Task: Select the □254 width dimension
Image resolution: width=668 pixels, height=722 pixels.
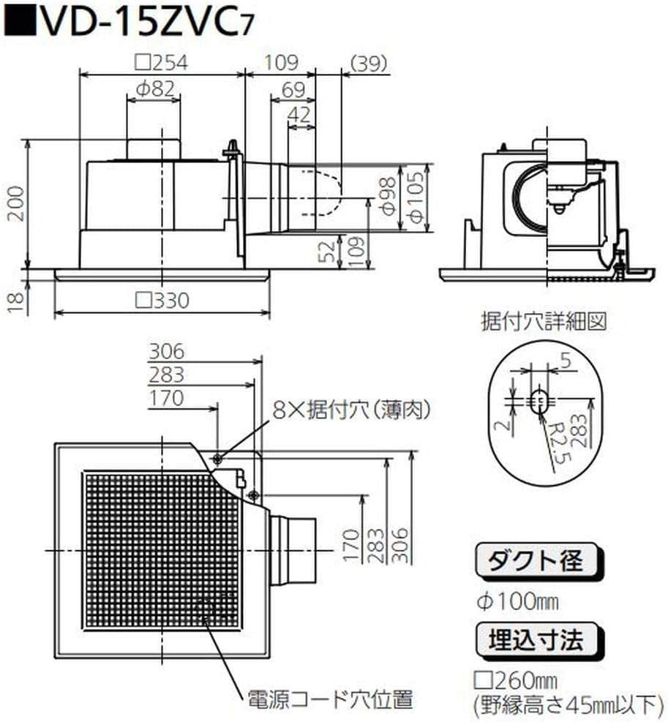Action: coord(162,63)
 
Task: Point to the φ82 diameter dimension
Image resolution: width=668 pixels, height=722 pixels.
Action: coord(154,89)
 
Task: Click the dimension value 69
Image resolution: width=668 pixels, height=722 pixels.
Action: coord(292,91)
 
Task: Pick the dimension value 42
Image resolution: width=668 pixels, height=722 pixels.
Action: coord(300,114)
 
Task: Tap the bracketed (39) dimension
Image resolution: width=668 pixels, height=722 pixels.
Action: coord(369,63)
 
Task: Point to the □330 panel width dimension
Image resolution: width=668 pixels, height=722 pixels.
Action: coord(162,300)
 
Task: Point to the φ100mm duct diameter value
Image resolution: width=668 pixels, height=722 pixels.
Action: coord(517,602)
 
